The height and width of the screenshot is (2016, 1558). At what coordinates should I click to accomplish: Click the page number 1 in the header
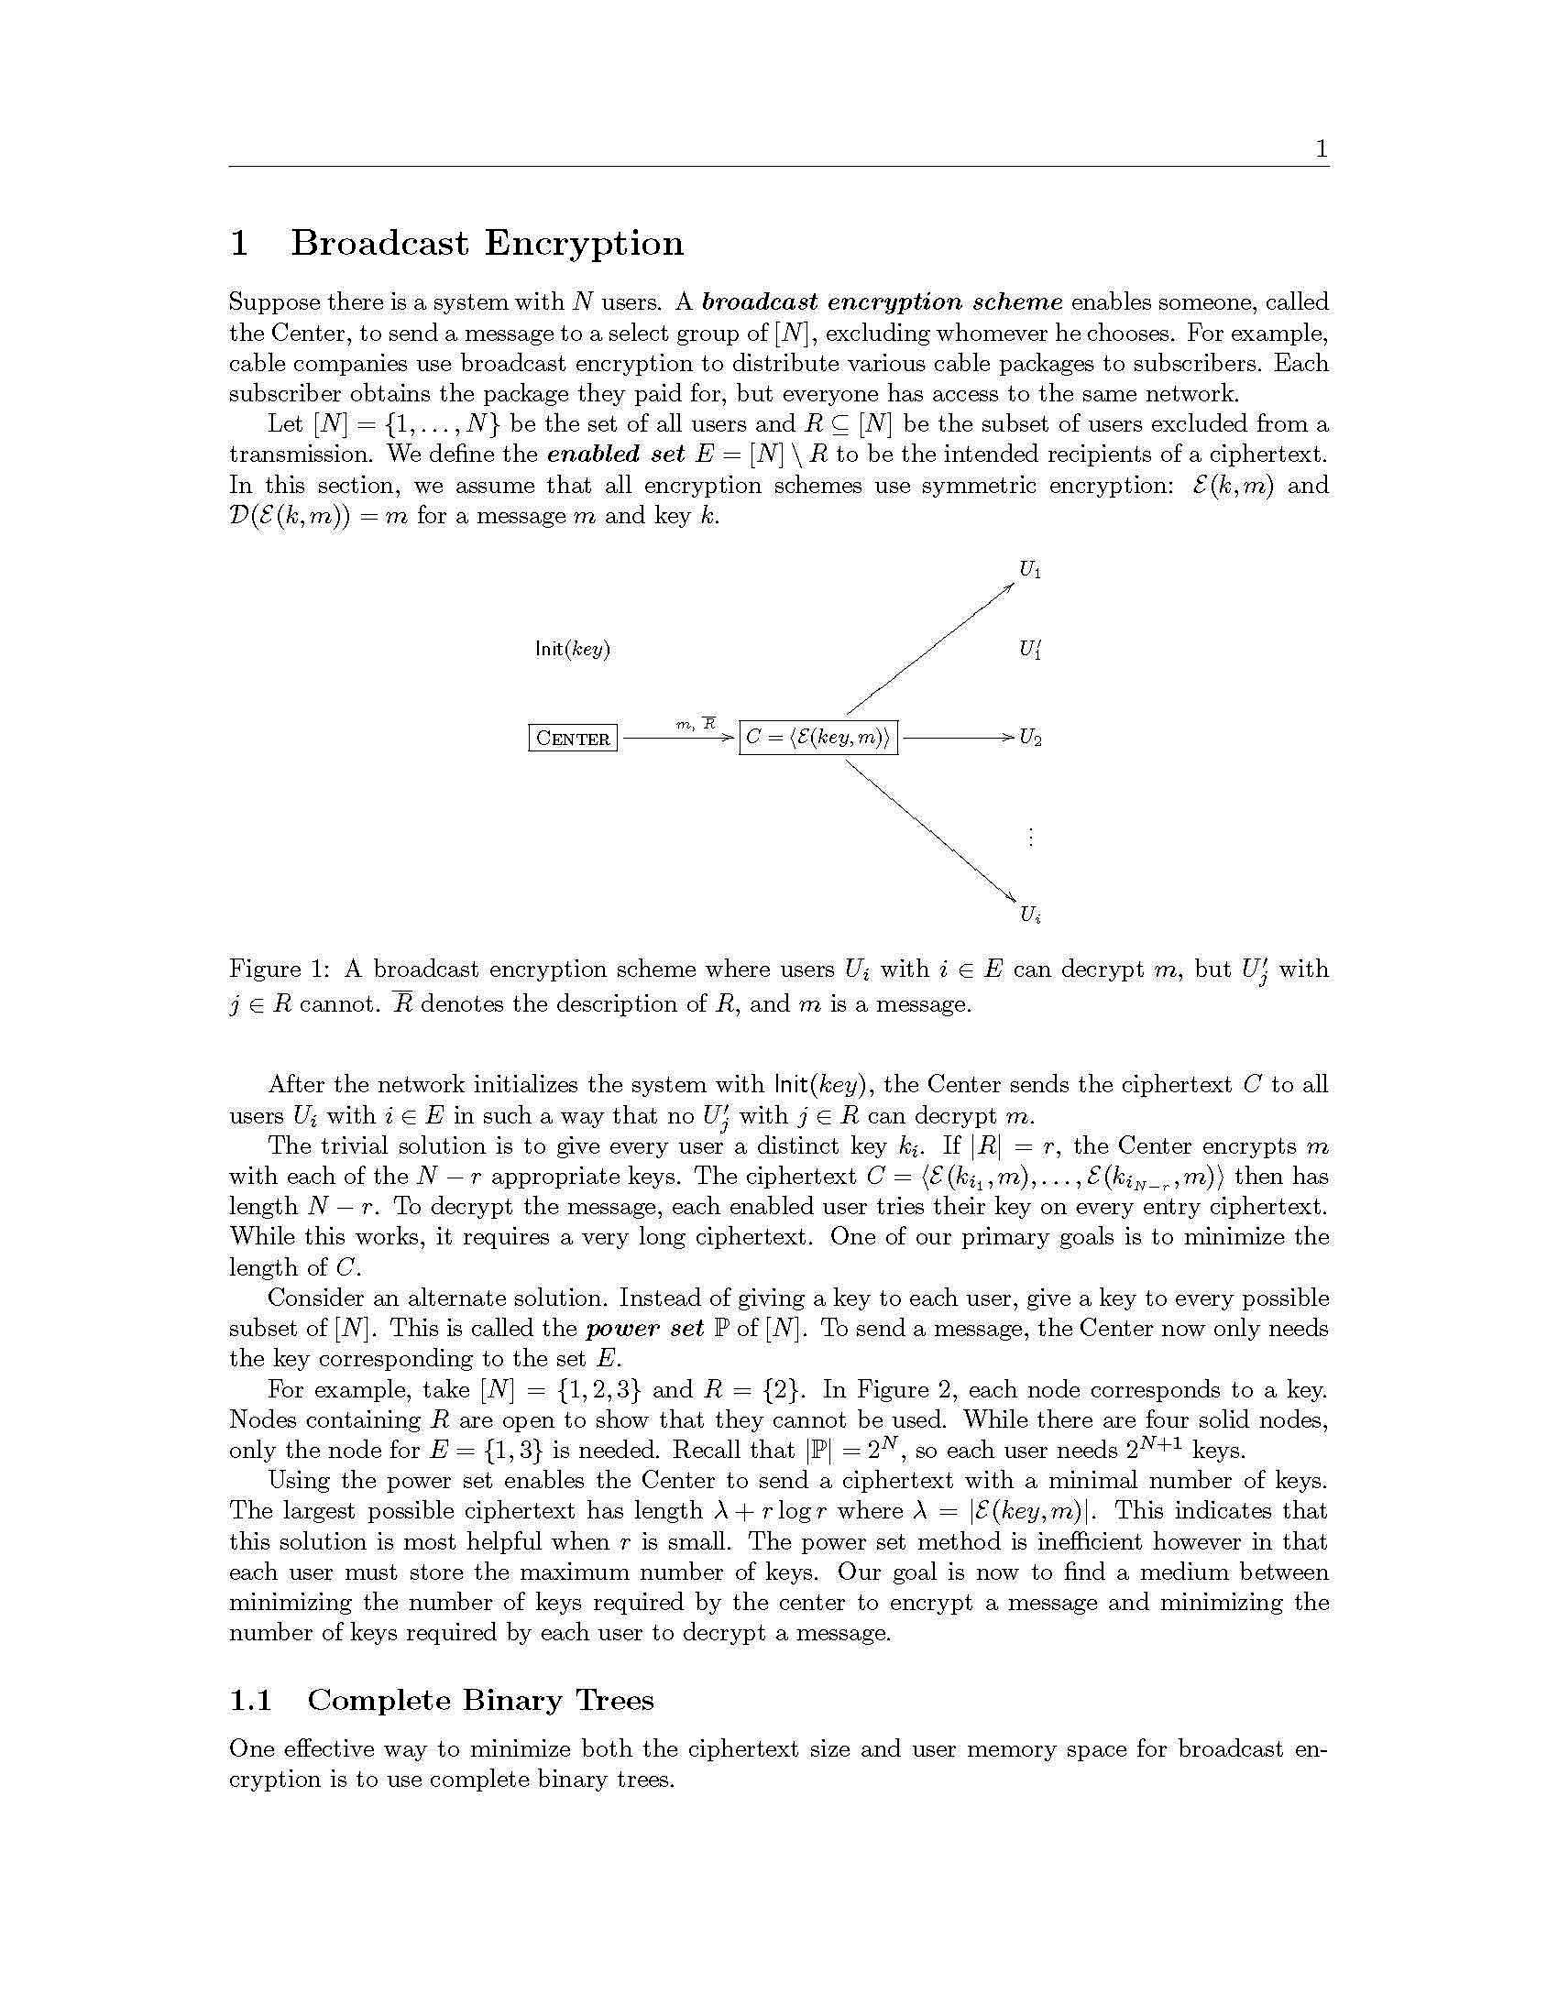(1321, 148)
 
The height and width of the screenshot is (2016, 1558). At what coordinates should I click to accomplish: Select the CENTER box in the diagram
(572, 739)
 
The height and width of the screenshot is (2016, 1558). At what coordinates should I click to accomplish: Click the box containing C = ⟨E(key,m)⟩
(817, 739)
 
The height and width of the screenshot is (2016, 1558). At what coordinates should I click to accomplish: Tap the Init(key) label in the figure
(572, 649)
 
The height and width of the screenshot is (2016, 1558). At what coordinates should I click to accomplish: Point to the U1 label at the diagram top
(1030, 571)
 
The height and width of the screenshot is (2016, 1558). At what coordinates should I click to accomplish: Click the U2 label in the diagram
(1030, 739)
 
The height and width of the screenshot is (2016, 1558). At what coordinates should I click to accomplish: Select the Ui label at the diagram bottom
(1030, 915)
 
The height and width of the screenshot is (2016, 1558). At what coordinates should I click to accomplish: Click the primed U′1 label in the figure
(1030, 650)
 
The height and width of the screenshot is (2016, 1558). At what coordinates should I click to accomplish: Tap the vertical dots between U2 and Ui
(1030, 838)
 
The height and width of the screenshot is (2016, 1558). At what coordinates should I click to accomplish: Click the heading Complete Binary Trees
(480, 1700)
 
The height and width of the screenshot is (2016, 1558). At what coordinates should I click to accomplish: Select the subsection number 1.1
(250, 1700)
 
